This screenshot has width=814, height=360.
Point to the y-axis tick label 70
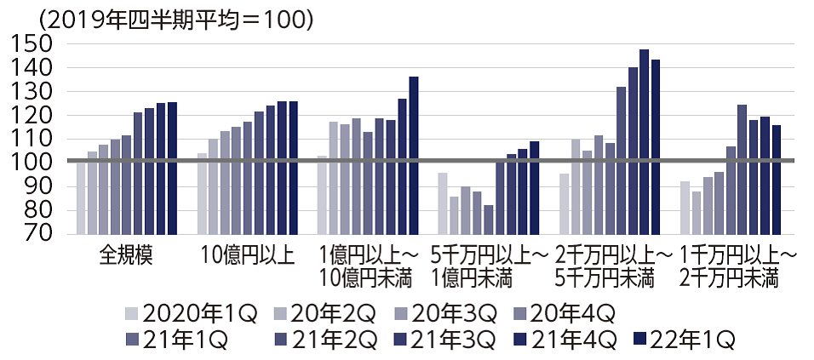tap(34, 233)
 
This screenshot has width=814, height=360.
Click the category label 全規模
tap(126, 256)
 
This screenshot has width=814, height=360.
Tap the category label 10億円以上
tap(248, 256)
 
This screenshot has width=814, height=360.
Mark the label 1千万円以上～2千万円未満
tap(731, 266)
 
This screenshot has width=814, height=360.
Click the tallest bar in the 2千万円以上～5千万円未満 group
tap(644, 141)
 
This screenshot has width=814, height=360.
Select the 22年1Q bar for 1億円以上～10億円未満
tap(414, 155)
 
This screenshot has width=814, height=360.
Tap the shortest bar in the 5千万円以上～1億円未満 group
tap(489, 219)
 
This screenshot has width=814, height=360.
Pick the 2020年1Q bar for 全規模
tap(81, 197)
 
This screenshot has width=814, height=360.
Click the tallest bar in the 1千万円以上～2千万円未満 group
tap(742, 169)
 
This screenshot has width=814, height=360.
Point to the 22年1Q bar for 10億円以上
tap(293, 168)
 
